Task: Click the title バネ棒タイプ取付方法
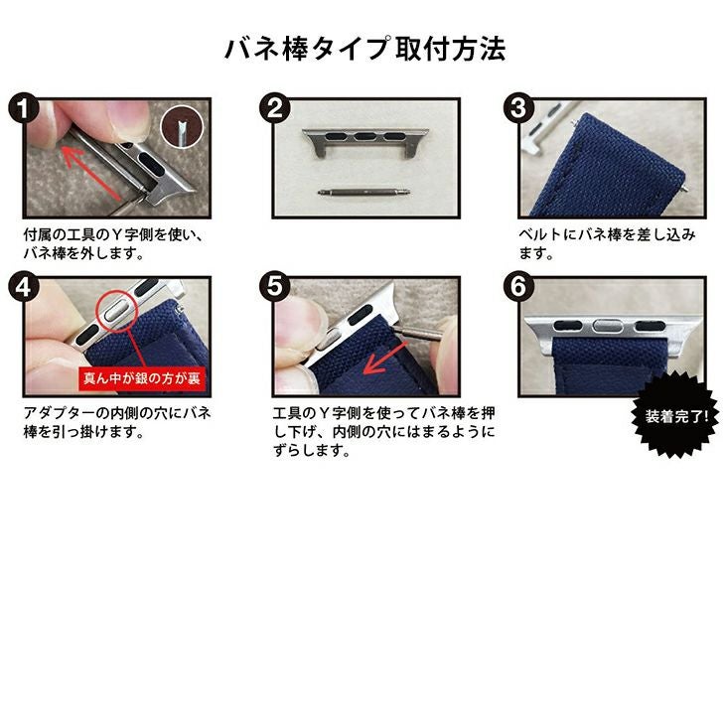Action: click(x=364, y=49)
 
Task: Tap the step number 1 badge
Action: click(x=23, y=109)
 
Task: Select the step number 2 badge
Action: click(x=274, y=109)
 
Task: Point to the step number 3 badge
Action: click(x=518, y=109)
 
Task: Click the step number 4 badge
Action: click(x=23, y=287)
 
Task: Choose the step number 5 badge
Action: click(x=274, y=287)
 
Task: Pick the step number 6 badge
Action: click(x=518, y=287)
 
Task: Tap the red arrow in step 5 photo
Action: click(x=385, y=358)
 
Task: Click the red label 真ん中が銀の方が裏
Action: click(x=142, y=378)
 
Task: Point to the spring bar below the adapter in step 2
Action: click(x=363, y=191)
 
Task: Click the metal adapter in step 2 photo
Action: click(x=365, y=141)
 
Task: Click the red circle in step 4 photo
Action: click(x=117, y=311)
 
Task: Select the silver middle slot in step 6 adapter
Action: click(x=609, y=327)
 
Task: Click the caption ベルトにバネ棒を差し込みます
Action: click(x=607, y=243)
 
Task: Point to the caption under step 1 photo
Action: click(x=113, y=243)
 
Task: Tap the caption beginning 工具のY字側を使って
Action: click(x=383, y=431)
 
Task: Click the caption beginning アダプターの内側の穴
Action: click(x=117, y=422)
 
